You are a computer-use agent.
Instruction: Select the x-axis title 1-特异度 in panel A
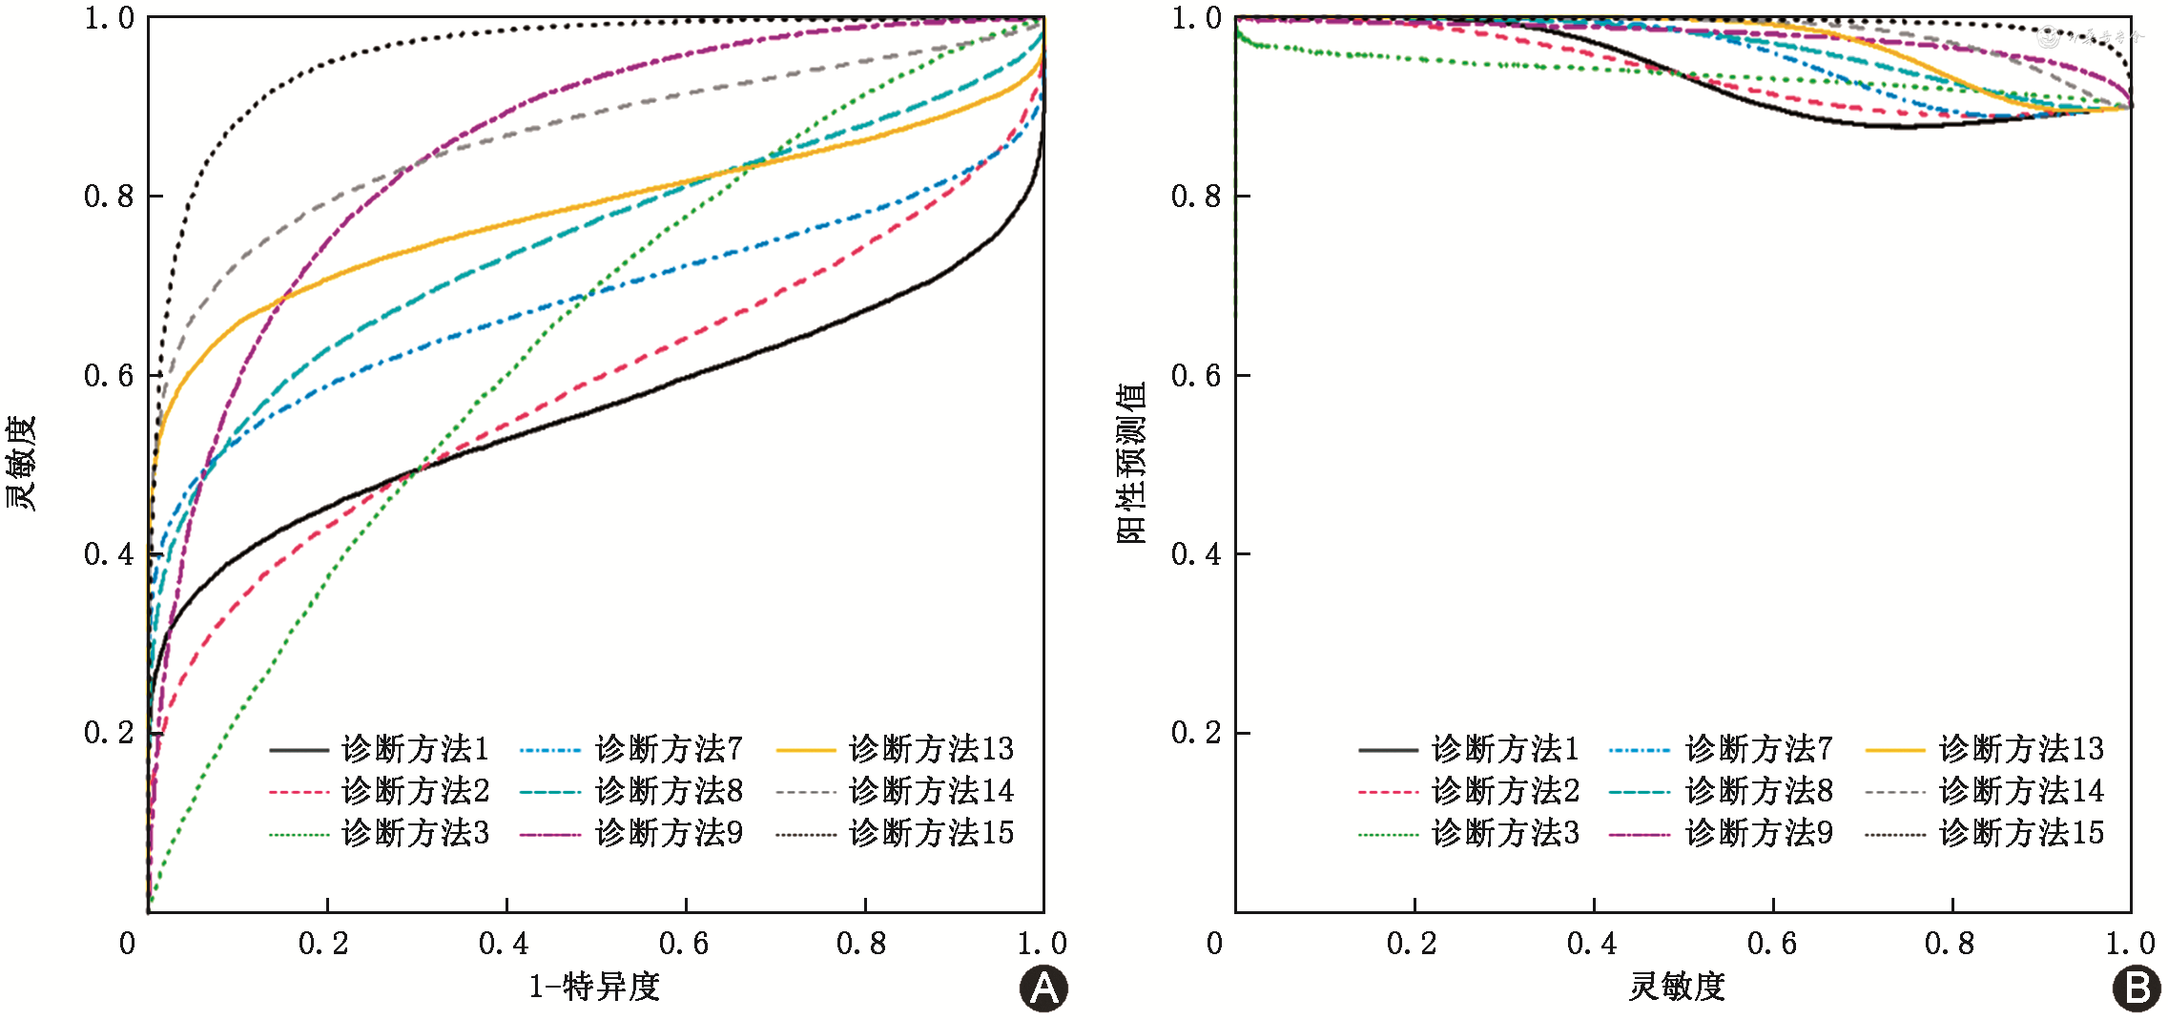(x=594, y=987)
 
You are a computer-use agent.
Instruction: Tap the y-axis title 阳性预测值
(x=1131, y=463)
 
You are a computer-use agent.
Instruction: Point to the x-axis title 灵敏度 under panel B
(x=1677, y=987)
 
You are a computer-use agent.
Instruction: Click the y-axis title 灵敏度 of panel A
(x=21, y=463)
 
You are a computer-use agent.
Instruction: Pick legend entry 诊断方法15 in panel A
(x=930, y=833)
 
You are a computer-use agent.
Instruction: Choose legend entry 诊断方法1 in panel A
(x=415, y=749)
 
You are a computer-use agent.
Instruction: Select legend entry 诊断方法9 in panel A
(x=668, y=833)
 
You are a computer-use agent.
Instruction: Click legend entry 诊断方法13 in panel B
(x=2020, y=749)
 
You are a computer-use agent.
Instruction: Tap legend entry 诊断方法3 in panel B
(x=1505, y=833)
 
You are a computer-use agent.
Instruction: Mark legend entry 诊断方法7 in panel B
(x=1758, y=749)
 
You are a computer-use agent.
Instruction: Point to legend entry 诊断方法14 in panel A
(x=930, y=791)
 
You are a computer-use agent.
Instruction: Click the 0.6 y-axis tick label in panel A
(x=109, y=376)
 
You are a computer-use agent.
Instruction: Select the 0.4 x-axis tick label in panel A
(x=504, y=944)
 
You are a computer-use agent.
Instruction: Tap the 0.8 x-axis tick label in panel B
(x=1950, y=944)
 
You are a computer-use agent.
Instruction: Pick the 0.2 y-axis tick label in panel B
(x=1196, y=733)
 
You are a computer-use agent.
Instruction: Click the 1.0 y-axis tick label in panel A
(x=109, y=18)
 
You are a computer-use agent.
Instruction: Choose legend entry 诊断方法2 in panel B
(x=1505, y=791)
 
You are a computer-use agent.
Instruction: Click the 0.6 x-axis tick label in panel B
(x=1771, y=944)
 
